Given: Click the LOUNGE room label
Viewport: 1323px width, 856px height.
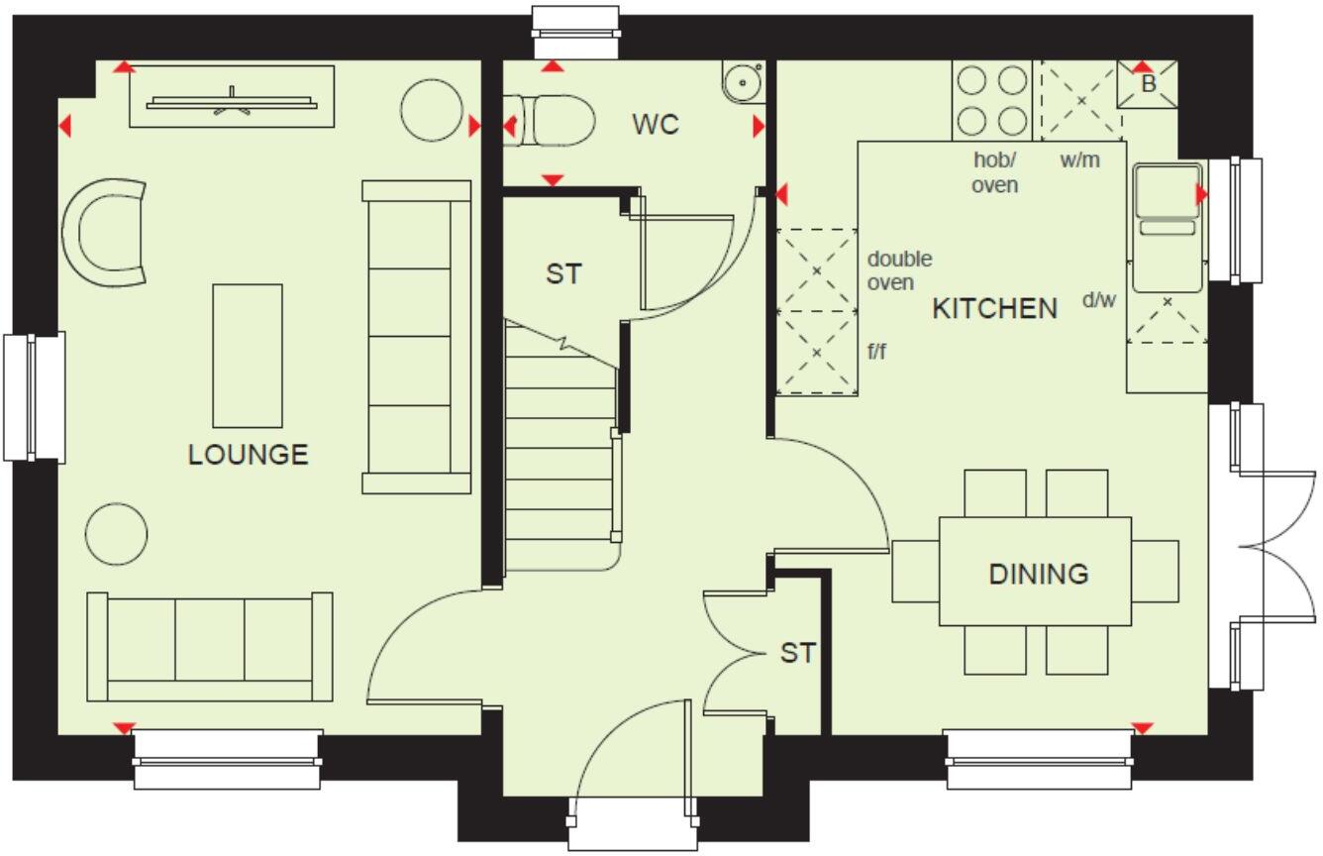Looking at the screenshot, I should pos(248,455).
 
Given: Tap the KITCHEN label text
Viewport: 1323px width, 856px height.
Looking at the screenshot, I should pos(994,309).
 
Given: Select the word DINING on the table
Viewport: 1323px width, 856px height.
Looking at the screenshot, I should pos(1038,574).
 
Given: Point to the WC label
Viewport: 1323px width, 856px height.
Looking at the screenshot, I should pos(656,125).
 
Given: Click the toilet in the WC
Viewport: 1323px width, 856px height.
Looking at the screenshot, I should pos(555,122).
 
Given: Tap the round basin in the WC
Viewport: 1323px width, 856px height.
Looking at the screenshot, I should pos(741,82).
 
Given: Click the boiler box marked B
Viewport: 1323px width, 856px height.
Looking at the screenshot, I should pos(1148,84).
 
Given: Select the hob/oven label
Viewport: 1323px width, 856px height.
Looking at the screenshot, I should pos(994,171).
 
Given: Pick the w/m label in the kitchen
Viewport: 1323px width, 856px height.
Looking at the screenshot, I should pos(1079,160).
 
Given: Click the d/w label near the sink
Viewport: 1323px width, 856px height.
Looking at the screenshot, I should pos(1098,299).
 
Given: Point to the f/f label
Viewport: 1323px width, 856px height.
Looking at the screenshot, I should pos(876,351).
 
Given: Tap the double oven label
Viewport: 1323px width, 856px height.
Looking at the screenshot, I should pos(899,270).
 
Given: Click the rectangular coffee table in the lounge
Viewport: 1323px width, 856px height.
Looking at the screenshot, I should pos(248,355).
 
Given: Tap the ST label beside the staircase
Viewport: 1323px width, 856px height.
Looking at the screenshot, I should pos(563,274).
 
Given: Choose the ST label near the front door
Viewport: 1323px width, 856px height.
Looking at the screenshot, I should pos(797,653).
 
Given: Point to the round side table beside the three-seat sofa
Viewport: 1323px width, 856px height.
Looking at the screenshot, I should pos(117,534).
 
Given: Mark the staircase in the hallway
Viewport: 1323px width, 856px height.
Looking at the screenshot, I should pos(560,446).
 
